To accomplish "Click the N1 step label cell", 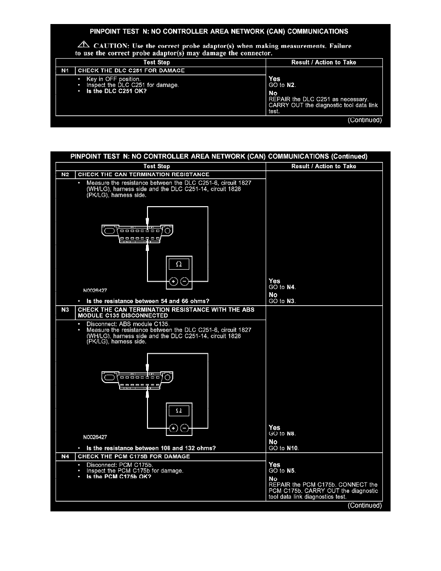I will pos(65,71).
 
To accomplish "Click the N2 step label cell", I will pos(65,174).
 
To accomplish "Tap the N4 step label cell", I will pos(65,456).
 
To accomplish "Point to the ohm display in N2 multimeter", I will pos(179,264).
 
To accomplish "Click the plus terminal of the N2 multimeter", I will pos(173,282).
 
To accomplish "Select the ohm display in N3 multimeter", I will pos(179,410).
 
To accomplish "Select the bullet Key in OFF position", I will pos(113,78).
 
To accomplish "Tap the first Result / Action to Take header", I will pos(324,62).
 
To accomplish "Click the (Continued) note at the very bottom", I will pos(365,505).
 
